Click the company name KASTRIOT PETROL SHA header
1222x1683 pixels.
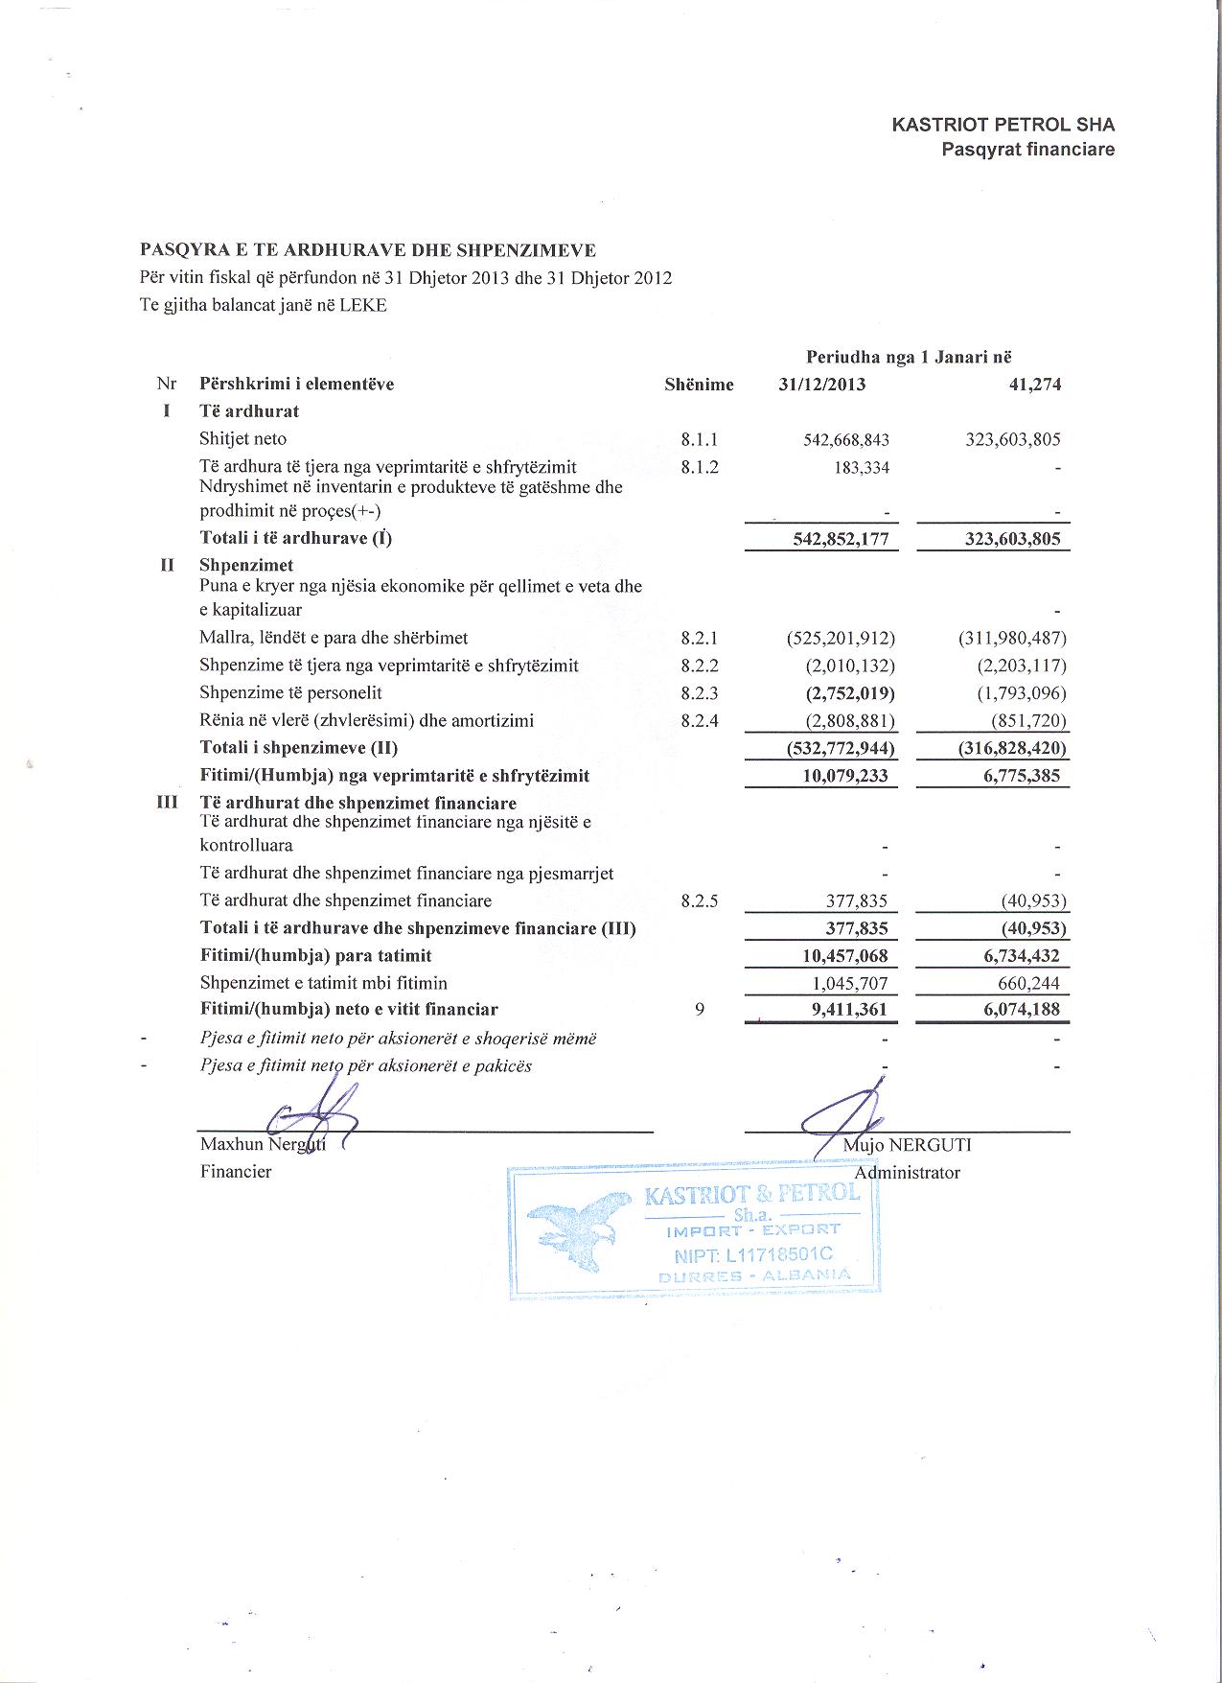1003,125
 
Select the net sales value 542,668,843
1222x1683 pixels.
845,440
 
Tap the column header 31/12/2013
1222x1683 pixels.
821,385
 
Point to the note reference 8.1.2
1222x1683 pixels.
699,467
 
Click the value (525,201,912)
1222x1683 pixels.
841,638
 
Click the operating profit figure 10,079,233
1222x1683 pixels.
844,776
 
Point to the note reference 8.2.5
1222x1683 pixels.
699,901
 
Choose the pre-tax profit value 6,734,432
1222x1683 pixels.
1022,956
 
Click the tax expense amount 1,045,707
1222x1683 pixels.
844,983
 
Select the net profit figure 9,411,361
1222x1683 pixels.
844,1009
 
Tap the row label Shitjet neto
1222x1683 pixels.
242,439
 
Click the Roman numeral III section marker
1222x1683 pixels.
168,803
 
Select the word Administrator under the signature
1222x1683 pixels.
907,1172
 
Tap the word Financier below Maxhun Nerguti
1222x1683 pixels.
235,1171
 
